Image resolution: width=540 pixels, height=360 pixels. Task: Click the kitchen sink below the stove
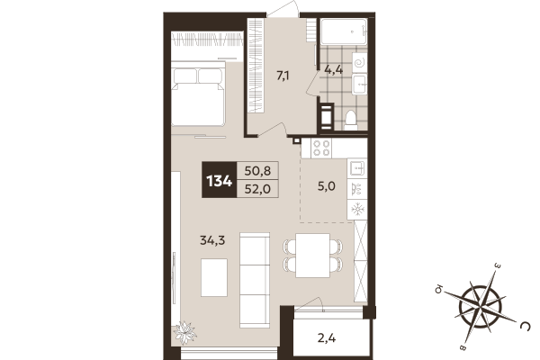coord(357,167)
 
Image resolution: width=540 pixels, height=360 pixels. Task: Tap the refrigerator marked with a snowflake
coord(357,209)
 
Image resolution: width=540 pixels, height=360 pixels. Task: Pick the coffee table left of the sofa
coord(213,277)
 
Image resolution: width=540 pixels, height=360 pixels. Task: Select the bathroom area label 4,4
coord(333,69)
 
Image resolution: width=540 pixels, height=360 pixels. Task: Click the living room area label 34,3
coord(212,239)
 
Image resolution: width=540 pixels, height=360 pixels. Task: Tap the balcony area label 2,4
coord(328,338)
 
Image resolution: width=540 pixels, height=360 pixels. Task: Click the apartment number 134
coord(220,180)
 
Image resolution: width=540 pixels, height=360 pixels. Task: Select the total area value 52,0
coord(256,189)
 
